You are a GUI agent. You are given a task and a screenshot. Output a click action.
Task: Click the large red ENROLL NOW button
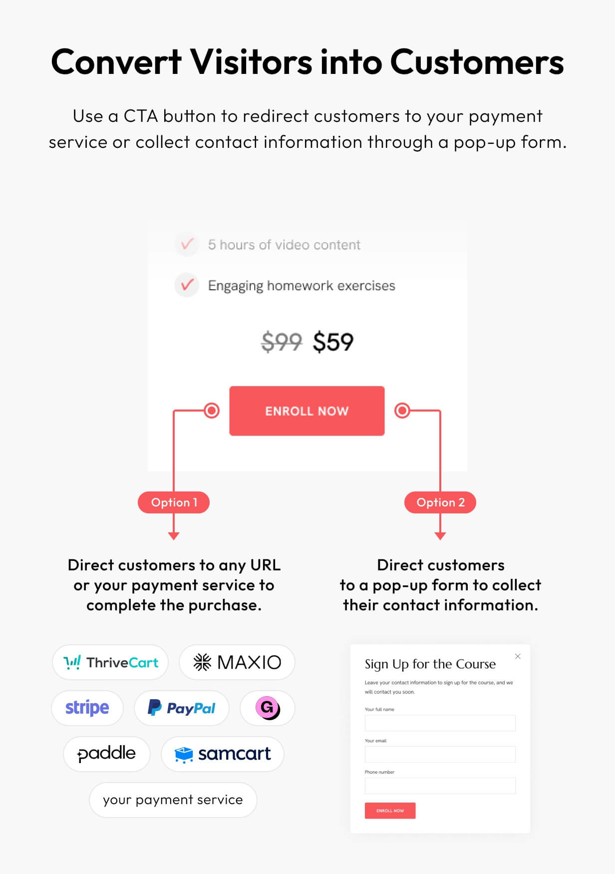(307, 411)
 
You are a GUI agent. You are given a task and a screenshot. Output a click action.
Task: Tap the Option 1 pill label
(174, 502)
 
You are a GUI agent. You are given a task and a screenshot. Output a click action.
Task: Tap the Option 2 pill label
(440, 502)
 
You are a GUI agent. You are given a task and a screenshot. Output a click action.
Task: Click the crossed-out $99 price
(282, 342)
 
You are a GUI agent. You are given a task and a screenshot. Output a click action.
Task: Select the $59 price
(333, 342)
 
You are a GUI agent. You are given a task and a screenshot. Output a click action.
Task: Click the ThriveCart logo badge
(110, 662)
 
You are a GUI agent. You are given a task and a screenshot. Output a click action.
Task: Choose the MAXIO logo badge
(237, 662)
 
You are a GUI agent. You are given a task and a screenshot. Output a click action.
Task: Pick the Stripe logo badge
(87, 708)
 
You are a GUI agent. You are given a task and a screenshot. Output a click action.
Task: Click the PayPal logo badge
(182, 708)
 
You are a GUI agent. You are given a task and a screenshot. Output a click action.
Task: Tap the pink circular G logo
(268, 708)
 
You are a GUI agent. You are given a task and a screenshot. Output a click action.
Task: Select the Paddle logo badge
(107, 754)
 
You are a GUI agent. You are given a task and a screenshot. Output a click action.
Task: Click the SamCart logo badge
(223, 754)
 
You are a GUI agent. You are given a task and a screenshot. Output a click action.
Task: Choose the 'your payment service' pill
(173, 800)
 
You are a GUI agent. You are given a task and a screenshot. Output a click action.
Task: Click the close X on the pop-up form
(518, 656)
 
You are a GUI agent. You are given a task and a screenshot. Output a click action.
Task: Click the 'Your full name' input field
(440, 723)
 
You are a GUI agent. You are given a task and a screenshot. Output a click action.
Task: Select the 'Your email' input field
(440, 754)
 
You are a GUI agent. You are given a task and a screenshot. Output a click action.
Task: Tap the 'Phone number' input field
(440, 786)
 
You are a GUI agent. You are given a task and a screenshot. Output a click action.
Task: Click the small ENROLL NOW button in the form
(390, 811)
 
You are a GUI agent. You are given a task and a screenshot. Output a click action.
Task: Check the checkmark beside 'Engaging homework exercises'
(187, 285)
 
